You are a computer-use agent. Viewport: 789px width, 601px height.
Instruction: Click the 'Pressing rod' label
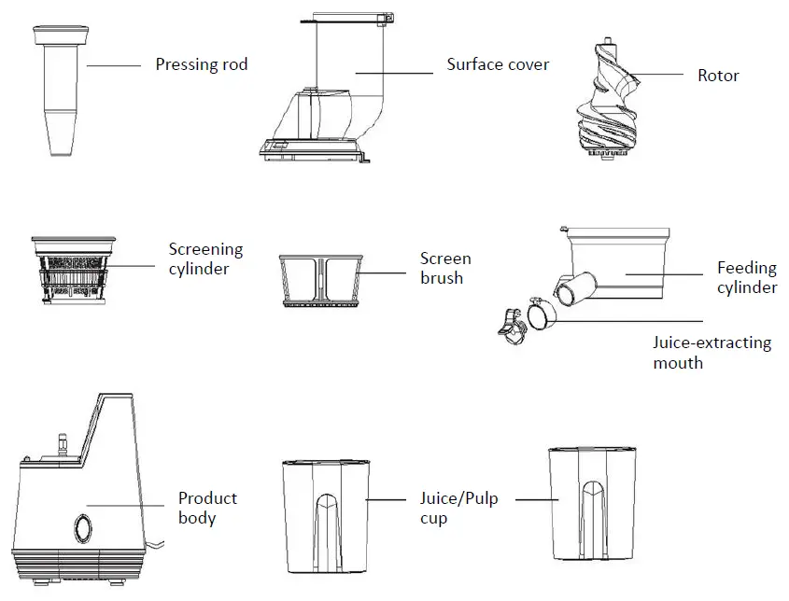pyautogui.click(x=201, y=65)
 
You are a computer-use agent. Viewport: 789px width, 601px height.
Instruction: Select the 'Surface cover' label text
pyautogui.click(x=497, y=65)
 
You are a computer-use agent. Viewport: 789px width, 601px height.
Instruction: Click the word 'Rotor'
pyautogui.click(x=718, y=76)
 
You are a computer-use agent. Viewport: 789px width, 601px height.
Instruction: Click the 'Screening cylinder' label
pyautogui.click(x=204, y=259)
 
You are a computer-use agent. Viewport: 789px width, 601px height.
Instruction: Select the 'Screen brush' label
pyautogui.click(x=445, y=268)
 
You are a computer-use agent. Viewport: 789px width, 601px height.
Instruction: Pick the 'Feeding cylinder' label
pyautogui.click(x=747, y=277)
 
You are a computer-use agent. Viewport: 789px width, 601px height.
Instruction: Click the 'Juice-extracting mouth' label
pyautogui.click(x=712, y=352)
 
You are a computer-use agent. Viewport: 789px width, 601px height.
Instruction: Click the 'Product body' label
pyautogui.click(x=207, y=508)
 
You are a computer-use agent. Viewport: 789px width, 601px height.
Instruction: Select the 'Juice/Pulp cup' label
pyautogui.click(x=458, y=508)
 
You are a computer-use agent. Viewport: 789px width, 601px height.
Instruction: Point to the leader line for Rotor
pyautogui.click(x=659, y=75)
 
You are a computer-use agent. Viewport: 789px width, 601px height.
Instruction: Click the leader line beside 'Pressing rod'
pyautogui.click(x=111, y=65)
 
